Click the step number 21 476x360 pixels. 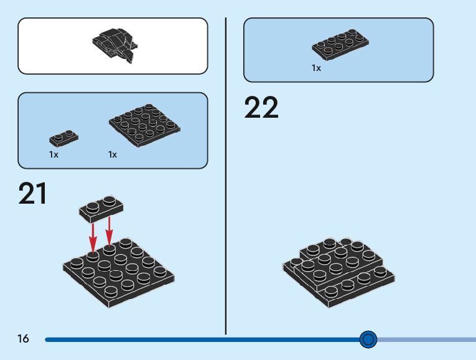[x=33, y=194]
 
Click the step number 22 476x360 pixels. [x=261, y=108]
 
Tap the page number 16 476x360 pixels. [x=23, y=339]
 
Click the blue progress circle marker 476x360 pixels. [x=368, y=339]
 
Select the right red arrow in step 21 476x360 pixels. [x=109, y=230]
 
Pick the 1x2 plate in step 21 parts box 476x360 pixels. [x=64, y=138]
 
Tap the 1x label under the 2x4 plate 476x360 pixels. [x=316, y=68]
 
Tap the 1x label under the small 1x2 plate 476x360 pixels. [x=54, y=154]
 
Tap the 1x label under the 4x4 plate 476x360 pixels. [x=112, y=154]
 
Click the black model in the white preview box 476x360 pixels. [x=114, y=45]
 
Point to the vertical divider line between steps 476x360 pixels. [x=225, y=187]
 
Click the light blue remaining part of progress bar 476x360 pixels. [x=429, y=339]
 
